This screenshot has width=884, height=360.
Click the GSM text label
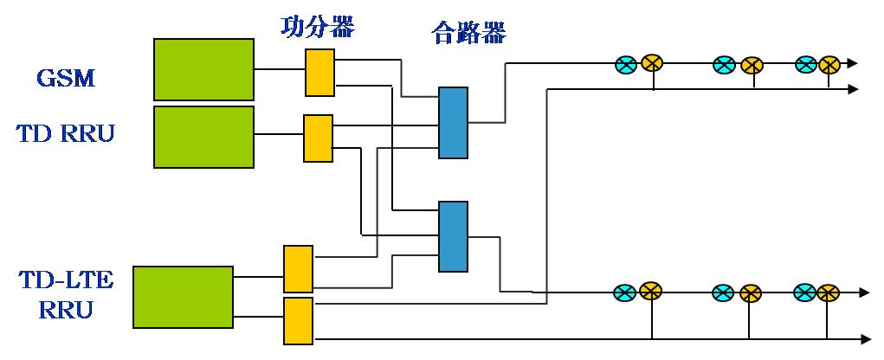(x=65, y=79)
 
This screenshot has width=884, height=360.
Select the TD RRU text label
(x=65, y=134)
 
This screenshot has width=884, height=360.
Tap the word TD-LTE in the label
(x=65, y=280)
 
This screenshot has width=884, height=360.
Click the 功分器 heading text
(x=318, y=27)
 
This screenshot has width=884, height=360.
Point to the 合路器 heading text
(x=468, y=34)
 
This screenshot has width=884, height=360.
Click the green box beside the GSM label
(x=204, y=69)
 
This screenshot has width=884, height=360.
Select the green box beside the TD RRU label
(x=204, y=137)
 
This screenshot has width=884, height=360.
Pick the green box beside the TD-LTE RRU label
(x=183, y=297)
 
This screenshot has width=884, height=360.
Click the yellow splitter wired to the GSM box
(x=319, y=72)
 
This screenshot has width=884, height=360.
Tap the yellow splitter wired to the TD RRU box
(x=318, y=138)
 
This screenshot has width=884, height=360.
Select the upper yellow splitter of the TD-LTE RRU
(x=298, y=269)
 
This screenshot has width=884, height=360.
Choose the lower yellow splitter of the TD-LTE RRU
(x=298, y=320)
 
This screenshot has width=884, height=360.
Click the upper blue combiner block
(x=453, y=122)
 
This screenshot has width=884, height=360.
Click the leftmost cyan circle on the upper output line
(x=625, y=63)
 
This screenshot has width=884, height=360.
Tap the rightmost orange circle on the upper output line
(x=829, y=63)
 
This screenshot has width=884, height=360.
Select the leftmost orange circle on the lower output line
(x=650, y=292)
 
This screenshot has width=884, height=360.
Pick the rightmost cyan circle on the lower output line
(x=804, y=292)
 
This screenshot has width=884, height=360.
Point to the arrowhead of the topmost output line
(x=853, y=63)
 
